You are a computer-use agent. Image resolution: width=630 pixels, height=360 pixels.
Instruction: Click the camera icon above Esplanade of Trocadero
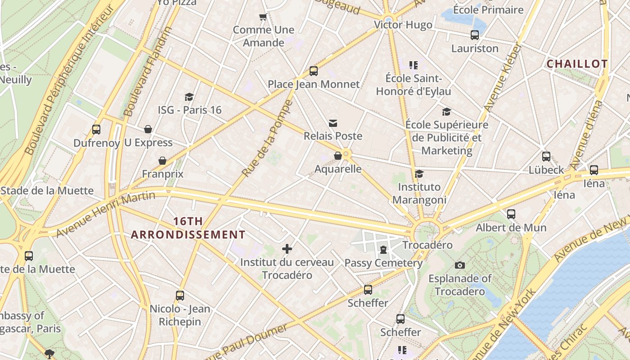(459, 265)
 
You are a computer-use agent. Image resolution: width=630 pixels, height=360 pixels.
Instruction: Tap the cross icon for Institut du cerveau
(287, 248)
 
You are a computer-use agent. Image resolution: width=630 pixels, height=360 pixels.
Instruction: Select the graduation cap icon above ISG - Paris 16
(189, 97)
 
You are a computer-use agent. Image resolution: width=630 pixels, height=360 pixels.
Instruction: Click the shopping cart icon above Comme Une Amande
(263, 17)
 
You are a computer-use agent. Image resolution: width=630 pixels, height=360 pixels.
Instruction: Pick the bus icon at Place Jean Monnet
(314, 71)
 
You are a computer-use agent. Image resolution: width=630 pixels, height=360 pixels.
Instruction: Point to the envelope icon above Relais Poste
(333, 123)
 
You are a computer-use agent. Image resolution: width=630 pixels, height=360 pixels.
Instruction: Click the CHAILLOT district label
(577, 64)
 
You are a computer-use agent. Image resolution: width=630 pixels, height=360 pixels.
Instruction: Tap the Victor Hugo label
(403, 25)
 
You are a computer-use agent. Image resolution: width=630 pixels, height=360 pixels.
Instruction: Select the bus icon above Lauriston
(475, 35)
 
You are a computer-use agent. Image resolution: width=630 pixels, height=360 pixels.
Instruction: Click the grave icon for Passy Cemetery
(383, 249)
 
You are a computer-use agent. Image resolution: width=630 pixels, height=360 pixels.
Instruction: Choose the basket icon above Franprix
(162, 161)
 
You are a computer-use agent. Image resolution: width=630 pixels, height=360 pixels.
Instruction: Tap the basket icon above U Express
(148, 130)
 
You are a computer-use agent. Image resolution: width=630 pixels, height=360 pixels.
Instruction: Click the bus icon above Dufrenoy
(96, 130)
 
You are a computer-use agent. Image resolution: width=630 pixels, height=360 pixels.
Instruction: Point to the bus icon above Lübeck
(546, 157)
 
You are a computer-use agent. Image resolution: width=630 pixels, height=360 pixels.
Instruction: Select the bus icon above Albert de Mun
(511, 214)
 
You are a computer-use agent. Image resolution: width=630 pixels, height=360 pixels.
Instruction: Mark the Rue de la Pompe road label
(267, 139)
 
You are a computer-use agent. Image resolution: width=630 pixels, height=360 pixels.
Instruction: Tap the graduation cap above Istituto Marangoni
(419, 174)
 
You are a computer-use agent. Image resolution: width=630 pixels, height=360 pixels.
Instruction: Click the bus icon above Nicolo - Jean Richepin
(180, 296)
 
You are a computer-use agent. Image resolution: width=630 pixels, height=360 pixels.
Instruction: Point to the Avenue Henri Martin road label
(106, 213)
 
